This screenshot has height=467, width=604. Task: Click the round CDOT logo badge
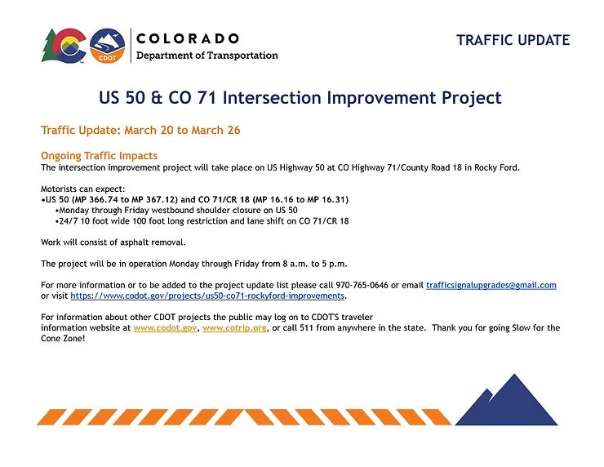[107, 46]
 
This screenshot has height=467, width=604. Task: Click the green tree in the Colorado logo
[48, 46]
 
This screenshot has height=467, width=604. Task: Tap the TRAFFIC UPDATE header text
[513, 40]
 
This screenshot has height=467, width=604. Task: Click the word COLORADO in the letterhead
[188, 38]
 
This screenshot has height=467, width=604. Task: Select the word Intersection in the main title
[272, 97]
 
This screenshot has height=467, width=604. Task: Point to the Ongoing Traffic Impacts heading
[99, 155]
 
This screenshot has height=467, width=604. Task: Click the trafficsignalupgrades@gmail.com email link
[491, 285]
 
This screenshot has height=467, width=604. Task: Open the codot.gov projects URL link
[207, 296]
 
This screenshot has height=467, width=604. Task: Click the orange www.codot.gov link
[165, 328]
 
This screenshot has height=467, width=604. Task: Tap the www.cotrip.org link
[234, 328]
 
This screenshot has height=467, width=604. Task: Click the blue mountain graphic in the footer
[506, 399]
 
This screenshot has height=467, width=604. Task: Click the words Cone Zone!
[63, 338]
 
